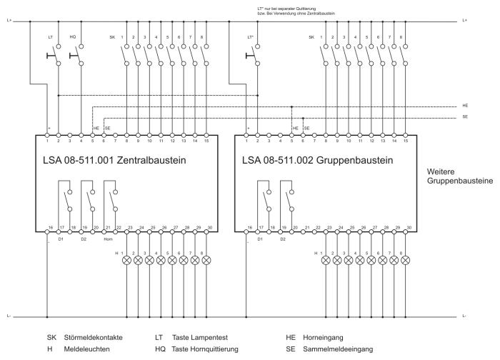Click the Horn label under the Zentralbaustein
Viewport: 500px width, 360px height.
point(108,239)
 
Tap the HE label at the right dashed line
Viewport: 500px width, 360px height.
point(465,105)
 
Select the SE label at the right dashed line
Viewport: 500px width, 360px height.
point(465,116)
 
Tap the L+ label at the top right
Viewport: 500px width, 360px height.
point(465,21)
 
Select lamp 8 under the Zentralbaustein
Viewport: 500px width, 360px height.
point(206,261)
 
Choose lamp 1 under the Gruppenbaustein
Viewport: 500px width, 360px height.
point(326,261)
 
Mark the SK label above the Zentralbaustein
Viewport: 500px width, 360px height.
point(112,36)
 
